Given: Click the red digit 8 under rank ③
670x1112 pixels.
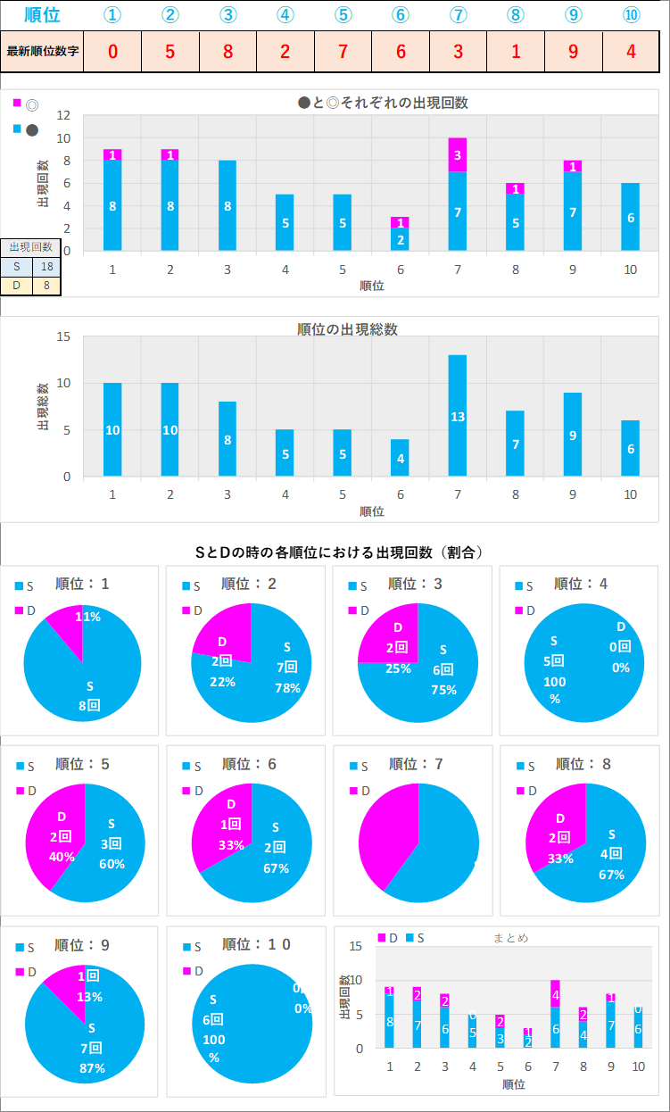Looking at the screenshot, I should (x=227, y=51).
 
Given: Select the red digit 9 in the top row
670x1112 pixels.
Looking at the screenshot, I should (x=574, y=51).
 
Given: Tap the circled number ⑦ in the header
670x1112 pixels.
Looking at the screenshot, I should (x=458, y=15).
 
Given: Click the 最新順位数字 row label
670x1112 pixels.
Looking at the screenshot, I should (x=43, y=51).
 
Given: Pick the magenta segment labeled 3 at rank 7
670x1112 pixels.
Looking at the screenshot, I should (x=458, y=154).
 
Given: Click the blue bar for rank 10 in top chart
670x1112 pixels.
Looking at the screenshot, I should (x=631, y=217).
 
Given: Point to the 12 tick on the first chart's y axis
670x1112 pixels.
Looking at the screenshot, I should (x=63, y=115).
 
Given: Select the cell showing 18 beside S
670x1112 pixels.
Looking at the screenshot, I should (x=46, y=267).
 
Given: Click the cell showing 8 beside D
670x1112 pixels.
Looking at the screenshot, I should (x=46, y=286).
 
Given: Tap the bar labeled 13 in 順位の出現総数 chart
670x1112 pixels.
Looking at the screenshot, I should (x=458, y=416).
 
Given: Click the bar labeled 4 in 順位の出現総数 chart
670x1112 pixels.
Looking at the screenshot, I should (x=400, y=458).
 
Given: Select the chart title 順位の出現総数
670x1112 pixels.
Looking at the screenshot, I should (x=347, y=329).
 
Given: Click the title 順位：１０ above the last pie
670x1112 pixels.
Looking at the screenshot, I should (x=256, y=944).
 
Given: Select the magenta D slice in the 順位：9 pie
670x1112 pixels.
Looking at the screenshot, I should (x=67, y=986).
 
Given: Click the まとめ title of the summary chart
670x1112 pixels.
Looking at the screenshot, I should (x=510, y=938).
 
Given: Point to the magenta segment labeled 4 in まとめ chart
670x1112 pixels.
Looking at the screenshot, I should (x=555, y=995).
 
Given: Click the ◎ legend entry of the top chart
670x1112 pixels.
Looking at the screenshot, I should (x=32, y=104).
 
